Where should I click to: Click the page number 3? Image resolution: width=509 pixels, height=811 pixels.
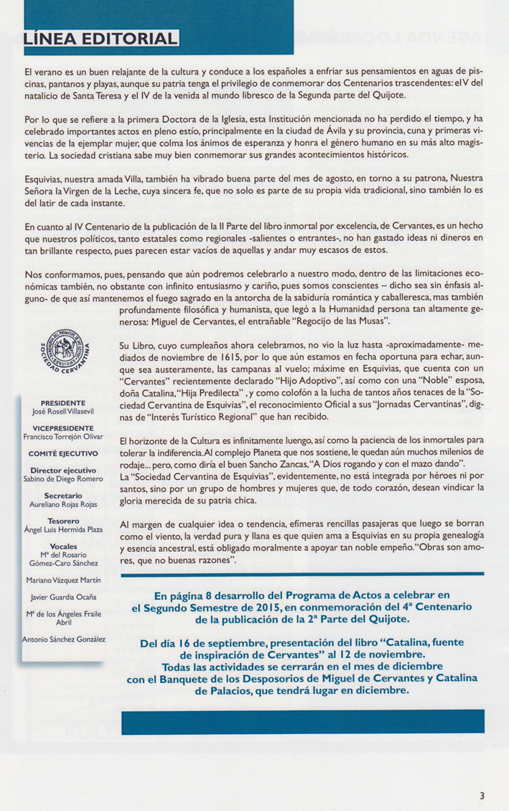pos(483,794)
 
